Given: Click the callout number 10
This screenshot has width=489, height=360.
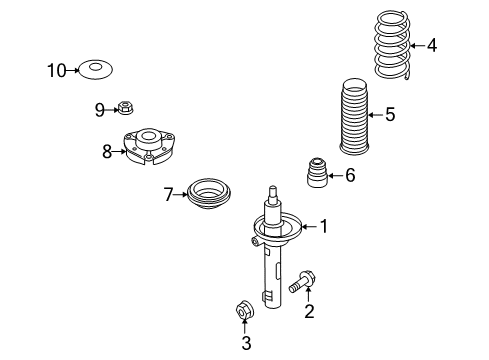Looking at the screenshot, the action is click(x=57, y=71).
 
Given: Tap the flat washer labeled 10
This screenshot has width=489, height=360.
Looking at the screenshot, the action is click(x=95, y=70).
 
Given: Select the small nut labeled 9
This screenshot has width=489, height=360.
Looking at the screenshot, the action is click(x=125, y=107).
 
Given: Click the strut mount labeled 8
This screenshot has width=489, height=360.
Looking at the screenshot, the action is click(x=149, y=147).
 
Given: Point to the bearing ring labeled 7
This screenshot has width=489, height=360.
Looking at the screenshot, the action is click(x=209, y=194).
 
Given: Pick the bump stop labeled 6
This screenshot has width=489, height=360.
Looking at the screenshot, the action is click(x=317, y=172).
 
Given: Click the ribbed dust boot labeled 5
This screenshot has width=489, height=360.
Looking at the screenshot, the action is click(x=354, y=117).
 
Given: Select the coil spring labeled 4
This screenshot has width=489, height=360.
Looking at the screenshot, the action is click(x=392, y=45).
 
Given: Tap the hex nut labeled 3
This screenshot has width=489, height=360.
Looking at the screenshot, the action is click(x=244, y=309).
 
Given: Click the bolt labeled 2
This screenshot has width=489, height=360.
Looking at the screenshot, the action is click(x=302, y=282).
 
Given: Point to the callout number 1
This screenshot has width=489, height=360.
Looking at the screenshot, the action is click(x=324, y=226).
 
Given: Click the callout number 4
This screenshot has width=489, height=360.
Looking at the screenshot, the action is click(x=432, y=45).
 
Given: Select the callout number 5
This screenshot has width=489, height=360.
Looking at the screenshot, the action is click(x=390, y=115).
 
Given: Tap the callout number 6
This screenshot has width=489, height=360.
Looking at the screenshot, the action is click(x=350, y=175).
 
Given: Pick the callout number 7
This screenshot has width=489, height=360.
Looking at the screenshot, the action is click(x=168, y=194).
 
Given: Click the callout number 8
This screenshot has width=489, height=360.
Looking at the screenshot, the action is click(x=107, y=152).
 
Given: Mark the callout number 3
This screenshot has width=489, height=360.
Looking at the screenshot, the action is click(x=246, y=343).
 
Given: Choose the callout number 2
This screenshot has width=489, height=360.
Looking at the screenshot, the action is click(x=309, y=311).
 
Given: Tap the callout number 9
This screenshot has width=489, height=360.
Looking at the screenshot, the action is click(x=100, y=110).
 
